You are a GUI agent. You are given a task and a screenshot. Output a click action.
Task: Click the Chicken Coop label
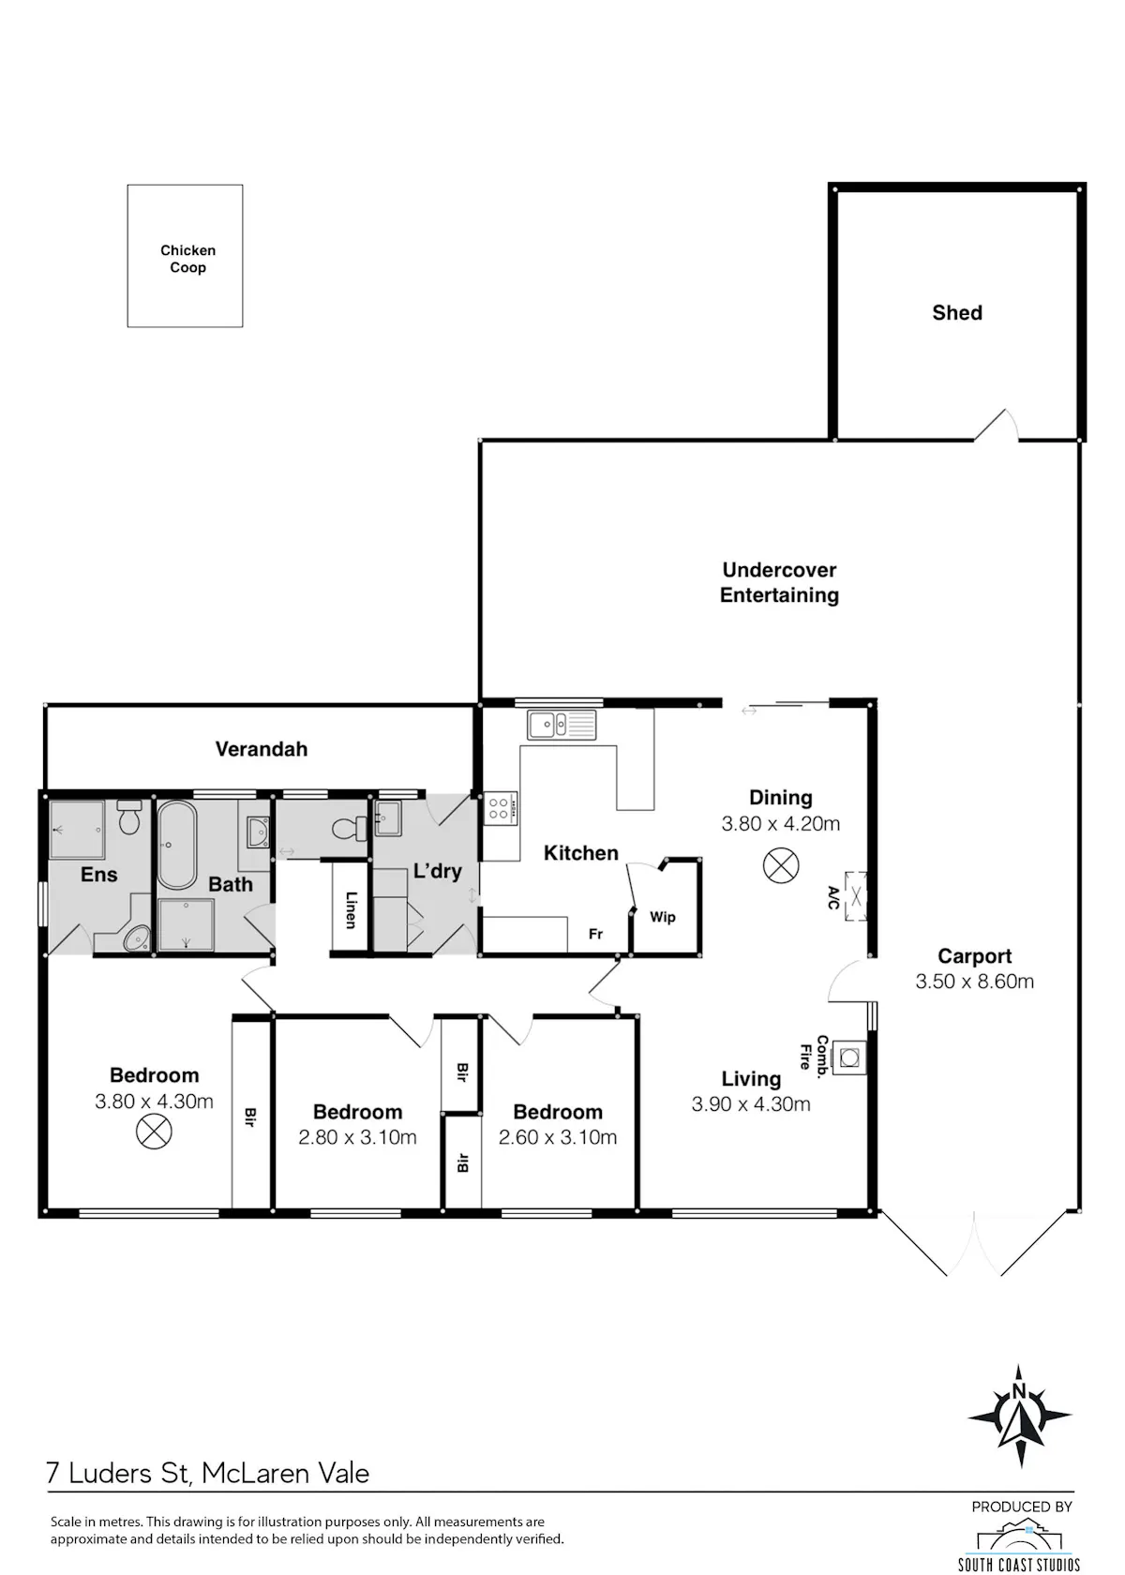(187, 259)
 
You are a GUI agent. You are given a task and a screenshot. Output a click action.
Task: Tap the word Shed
(957, 313)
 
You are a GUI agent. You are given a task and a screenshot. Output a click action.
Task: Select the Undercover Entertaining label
(779, 582)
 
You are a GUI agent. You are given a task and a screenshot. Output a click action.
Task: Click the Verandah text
(262, 749)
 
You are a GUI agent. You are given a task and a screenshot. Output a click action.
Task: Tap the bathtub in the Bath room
(176, 846)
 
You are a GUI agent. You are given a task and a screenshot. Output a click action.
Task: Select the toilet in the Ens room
(128, 817)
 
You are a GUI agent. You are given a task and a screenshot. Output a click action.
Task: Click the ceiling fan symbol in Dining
(780, 865)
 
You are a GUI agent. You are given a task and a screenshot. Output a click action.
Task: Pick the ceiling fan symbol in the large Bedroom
(154, 1132)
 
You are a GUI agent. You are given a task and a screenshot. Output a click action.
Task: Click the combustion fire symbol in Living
(849, 1057)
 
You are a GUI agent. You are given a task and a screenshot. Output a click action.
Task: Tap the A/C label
(833, 898)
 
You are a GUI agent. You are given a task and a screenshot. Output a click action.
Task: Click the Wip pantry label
(662, 917)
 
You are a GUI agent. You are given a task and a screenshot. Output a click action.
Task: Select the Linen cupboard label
(351, 909)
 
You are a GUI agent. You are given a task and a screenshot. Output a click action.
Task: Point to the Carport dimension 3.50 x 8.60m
(975, 982)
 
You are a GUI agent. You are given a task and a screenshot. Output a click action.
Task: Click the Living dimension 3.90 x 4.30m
(751, 1104)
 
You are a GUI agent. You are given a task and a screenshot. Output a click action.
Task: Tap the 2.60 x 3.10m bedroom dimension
(558, 1137)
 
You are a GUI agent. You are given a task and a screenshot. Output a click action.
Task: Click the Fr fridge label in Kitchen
(595, 934)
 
